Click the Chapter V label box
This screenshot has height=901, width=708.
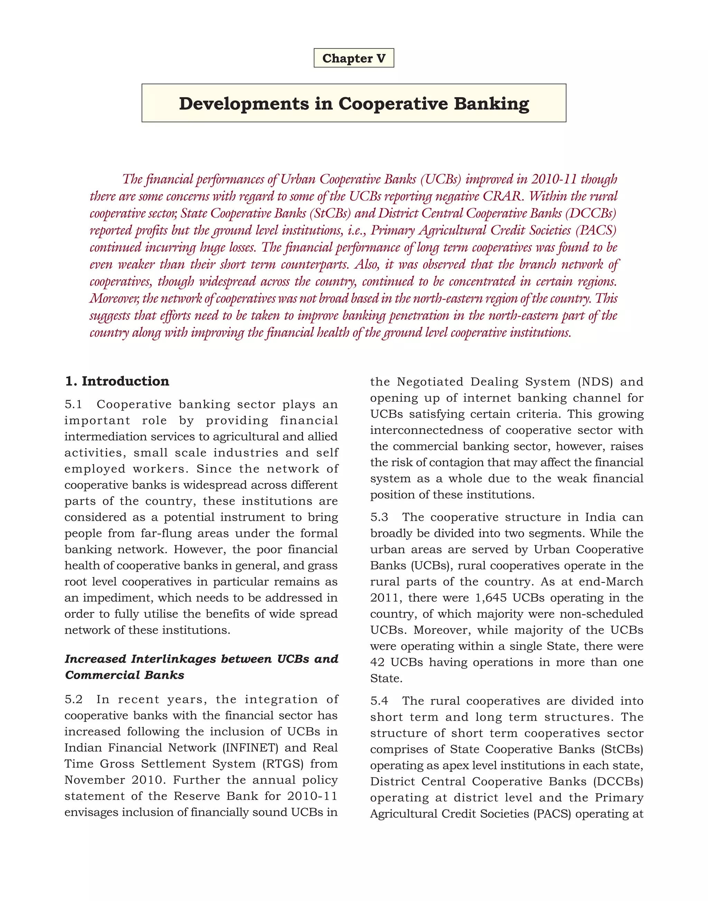click(x=354, y=58)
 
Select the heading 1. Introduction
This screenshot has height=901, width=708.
click(x=117, y=381)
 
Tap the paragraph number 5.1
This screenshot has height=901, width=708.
click(x=74, y=404)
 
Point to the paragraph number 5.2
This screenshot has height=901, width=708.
click(x=74, y=699)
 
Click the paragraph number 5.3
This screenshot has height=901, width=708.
click(x=379, y=517)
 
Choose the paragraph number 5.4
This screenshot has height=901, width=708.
click(x=379, y=701)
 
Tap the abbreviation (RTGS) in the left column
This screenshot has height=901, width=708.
click(x=283, y=764)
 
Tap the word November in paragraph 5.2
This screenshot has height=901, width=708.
click(x=94, y=780)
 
